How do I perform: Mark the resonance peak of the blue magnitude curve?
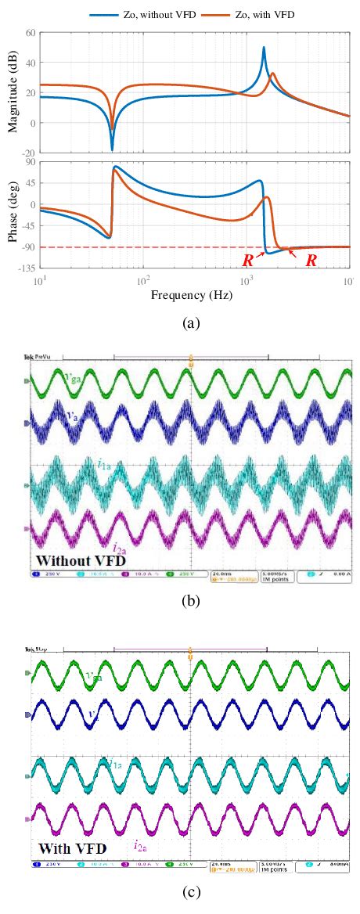(x=264, y=48)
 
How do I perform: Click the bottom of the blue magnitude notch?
(x=112, y=149)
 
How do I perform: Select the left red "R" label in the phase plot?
(x=247, y=261)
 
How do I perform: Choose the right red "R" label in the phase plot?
(x=311, y=261)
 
